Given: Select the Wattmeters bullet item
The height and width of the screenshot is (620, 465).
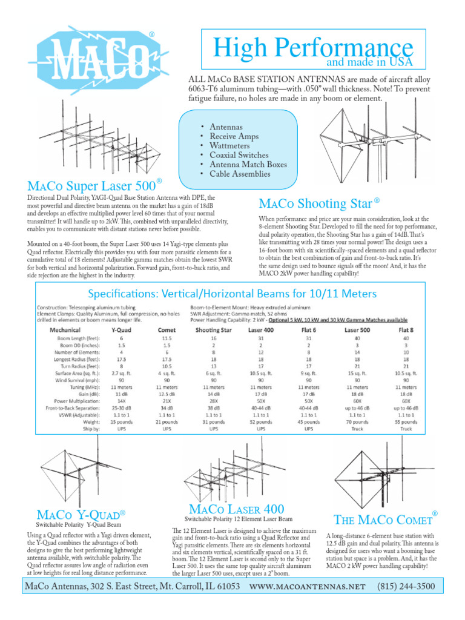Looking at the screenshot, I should [231, 146].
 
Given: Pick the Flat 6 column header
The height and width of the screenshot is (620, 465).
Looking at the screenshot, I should [309, 330].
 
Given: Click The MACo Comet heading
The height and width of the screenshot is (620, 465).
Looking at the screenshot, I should [383, 519].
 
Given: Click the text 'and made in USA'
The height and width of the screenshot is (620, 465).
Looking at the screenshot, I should [370, 62].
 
